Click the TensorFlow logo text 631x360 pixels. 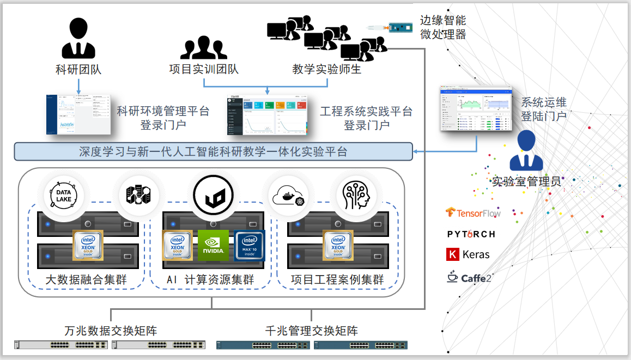pos(473,213)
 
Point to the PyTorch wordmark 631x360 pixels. pos(471,234)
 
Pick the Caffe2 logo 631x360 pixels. pos(469,278)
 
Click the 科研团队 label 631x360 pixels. pos(78,70)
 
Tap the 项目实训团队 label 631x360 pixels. pos(204,70)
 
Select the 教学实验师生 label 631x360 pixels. pos(327,70)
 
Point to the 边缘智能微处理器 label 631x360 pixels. pos(442,27)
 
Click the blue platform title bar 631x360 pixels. pos(213,151)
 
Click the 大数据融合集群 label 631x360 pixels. pos(86,280)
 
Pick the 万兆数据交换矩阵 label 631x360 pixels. pos(111,331)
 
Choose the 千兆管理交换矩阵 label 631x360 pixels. pos(311,331)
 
